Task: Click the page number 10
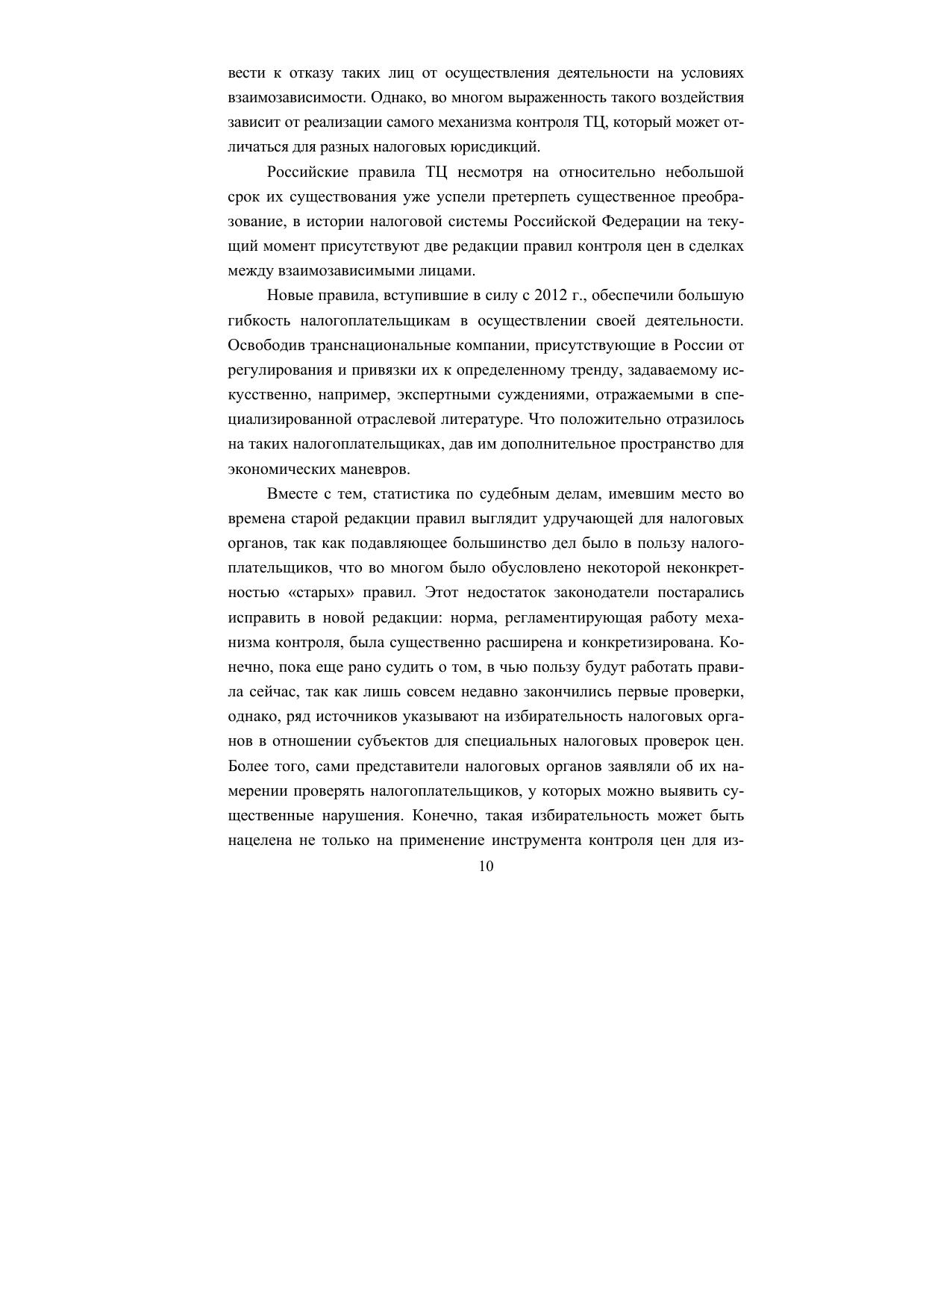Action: point(486,866)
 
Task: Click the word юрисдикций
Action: point(499,147)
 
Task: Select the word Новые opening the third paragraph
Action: point(289,296)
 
